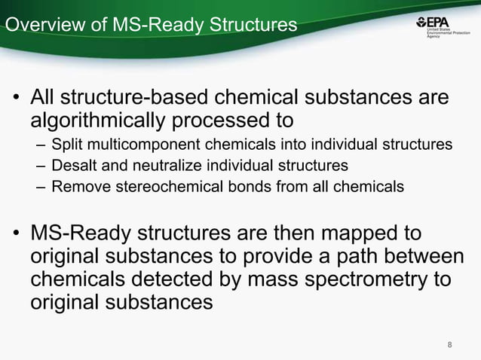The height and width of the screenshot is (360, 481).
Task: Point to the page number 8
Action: [450, 345]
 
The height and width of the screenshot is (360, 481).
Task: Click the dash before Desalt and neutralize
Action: [39, 165]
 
